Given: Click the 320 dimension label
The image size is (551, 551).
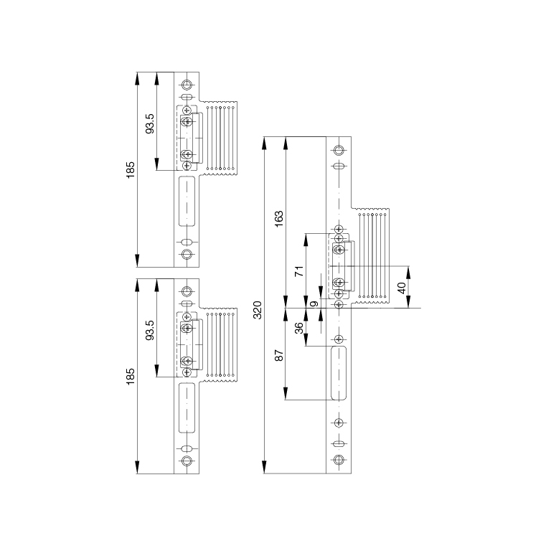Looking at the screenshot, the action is pos(258,310).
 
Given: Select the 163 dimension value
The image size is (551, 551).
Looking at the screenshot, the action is pos(278,219).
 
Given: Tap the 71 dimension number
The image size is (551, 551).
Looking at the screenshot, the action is pos(298,271).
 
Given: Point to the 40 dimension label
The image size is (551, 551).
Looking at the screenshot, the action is pos(402,288).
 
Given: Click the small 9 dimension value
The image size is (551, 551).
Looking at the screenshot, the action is pos(315,303).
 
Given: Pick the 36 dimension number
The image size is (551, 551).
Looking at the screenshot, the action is pos(298,328).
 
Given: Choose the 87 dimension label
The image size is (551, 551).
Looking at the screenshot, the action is pos(278,355).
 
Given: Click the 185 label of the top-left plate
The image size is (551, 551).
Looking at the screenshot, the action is pos(131,170).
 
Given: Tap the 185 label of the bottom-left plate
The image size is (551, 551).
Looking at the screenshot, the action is pos(131,377).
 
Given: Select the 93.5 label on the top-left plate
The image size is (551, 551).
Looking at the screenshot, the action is pos(150,123).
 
